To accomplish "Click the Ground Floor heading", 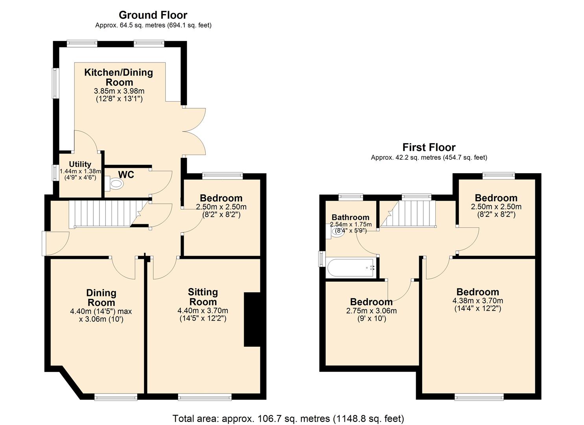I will pyautogui.click(x=153, y=15).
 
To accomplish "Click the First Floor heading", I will pyautogui.click(x=429, y=148).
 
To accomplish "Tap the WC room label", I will pyautogui.click(x=126, y=175).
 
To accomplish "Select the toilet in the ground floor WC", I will pyautogui.click(x=114, y=183).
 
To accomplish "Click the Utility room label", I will pyautogui.click(x=80, y=164).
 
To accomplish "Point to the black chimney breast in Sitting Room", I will pyautogui.click(x=252, y=320).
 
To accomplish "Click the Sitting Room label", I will pyautogui.click(x=203, y=297).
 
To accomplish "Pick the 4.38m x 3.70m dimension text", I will pyautogui.click(x=478, y=301).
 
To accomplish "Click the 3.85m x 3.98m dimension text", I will pyautogui.click(x=119, y=91).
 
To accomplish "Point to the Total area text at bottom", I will pyautogui.click(x=288, y=418).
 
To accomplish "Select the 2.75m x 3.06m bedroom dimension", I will pyautogui.click(x=371, y=310).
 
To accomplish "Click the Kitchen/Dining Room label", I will pyautogui.click(x=119, y=77).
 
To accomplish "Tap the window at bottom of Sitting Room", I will pyautogui.click(x=204, y=397).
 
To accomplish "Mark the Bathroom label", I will pyautogui.click(x=350, y=217).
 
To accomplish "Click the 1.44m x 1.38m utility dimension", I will pyautogui.click(x=80, y=172).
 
